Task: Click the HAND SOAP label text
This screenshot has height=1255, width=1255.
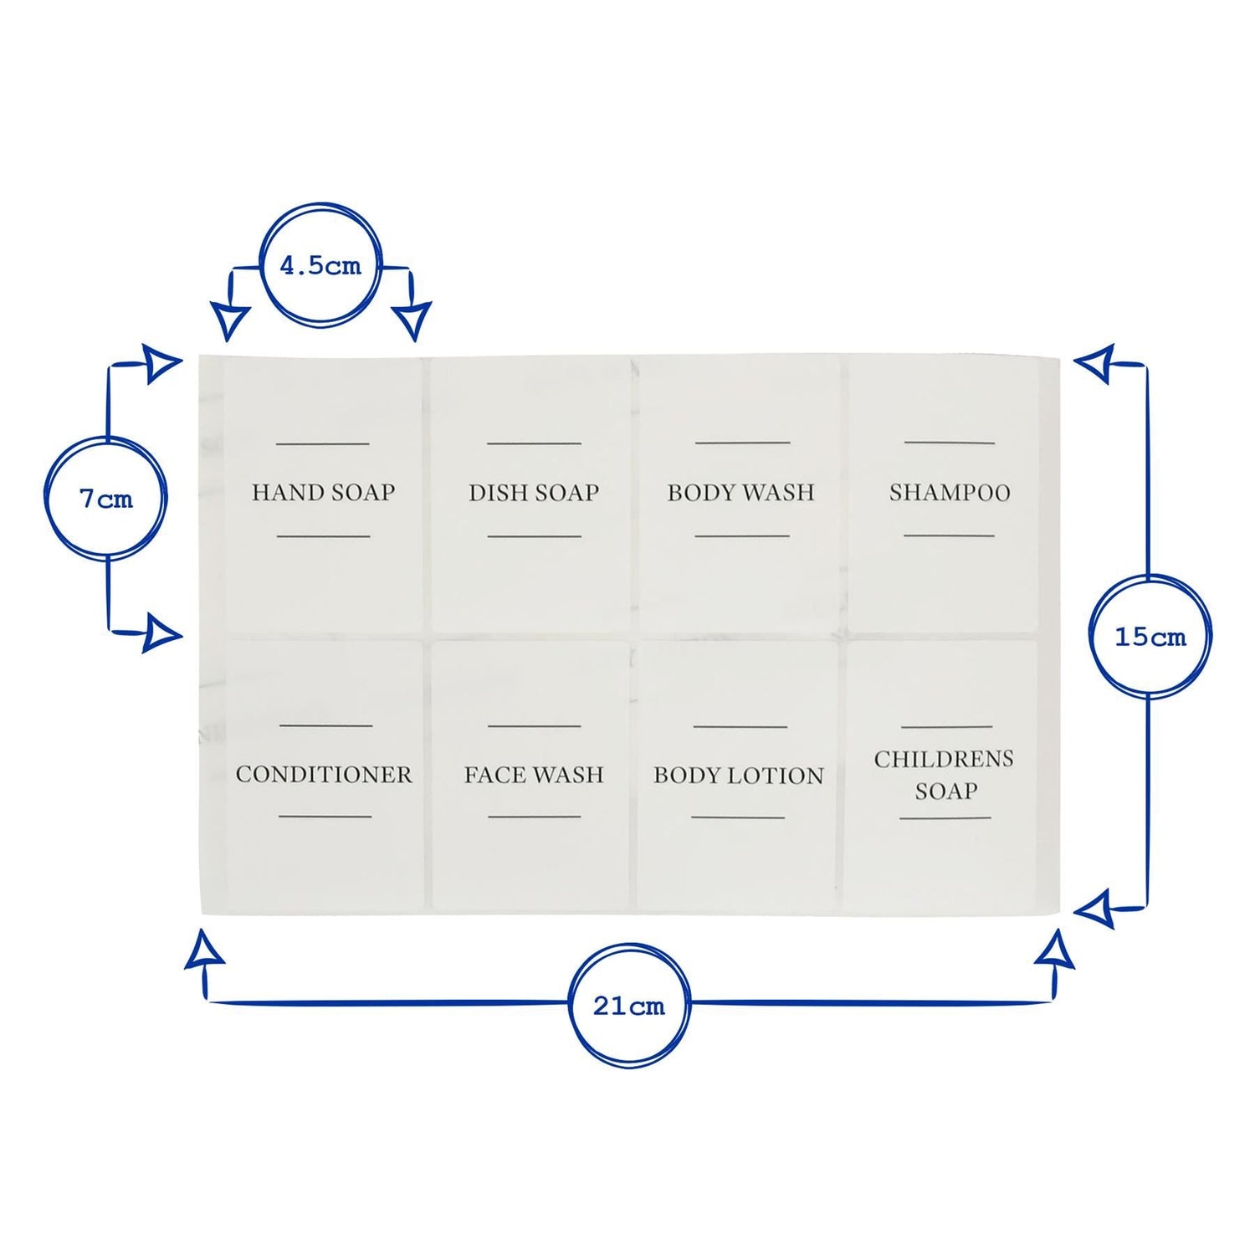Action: [323, 492]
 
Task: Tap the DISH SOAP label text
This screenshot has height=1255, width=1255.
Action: [534, 493]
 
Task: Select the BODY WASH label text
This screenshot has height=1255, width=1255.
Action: [740, 493]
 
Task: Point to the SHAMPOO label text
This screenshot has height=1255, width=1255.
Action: [950, 493]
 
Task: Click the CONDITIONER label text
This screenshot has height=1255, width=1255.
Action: [324, 775]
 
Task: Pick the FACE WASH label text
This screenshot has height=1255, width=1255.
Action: [534, 776]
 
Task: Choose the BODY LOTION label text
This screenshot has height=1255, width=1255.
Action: [739, 776]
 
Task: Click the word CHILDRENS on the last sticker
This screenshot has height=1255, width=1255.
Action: [944, 760]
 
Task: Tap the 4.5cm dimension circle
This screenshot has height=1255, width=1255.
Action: [320, 265]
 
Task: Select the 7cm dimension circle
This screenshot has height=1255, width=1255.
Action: [106, 499]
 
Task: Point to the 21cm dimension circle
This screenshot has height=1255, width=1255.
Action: [629, 1006]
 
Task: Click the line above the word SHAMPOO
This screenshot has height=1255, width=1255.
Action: [950, 443]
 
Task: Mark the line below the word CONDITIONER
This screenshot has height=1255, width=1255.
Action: [325, 816]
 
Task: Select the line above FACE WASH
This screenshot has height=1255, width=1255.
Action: [534, 726]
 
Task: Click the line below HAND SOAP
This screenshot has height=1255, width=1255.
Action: [323, 536]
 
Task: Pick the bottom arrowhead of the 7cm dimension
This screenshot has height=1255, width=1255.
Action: [162, 633]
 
